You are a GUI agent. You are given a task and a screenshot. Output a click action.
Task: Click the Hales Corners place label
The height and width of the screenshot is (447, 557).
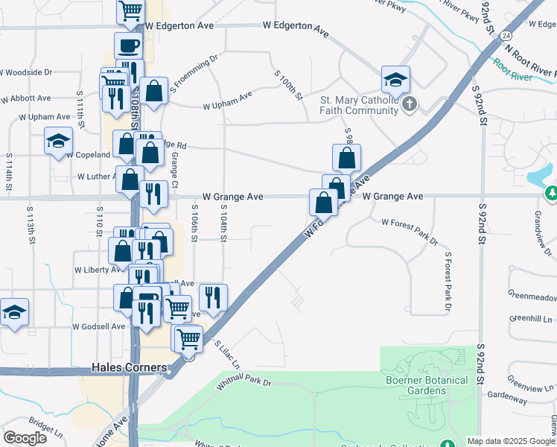[124, 367]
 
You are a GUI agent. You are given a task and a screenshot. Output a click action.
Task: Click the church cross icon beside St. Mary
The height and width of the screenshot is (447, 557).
[409, 105]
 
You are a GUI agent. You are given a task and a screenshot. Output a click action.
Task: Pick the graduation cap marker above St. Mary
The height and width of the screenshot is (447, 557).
[396, 80]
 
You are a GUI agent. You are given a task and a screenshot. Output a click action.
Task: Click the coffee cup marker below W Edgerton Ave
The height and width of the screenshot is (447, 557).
[128, 46]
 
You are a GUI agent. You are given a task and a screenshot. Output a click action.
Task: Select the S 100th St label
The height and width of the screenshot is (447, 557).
[289, 85]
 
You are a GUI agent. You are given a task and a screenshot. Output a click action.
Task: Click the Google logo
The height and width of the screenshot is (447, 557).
[25, 438]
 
